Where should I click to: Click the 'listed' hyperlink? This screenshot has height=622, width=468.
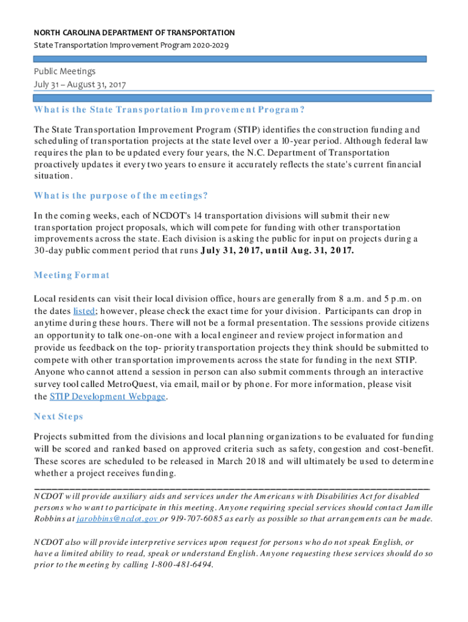click(84, 310)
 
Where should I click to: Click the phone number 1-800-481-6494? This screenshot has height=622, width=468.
click(181, 564)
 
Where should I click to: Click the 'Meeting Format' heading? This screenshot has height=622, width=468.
click(72, 275)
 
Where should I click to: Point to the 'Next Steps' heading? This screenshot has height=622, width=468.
click(58, 417)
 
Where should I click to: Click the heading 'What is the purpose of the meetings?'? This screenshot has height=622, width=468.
click(121, 196)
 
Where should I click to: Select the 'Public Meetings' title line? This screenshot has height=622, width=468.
click(64, 72)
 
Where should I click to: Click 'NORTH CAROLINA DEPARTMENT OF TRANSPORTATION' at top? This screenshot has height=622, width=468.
click(134, 32)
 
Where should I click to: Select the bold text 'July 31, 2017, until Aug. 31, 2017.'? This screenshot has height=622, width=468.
click(277, 250)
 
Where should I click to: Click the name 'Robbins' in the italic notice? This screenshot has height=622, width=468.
click(53, 519)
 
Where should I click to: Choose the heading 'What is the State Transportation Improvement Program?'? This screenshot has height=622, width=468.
click(169, 110)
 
